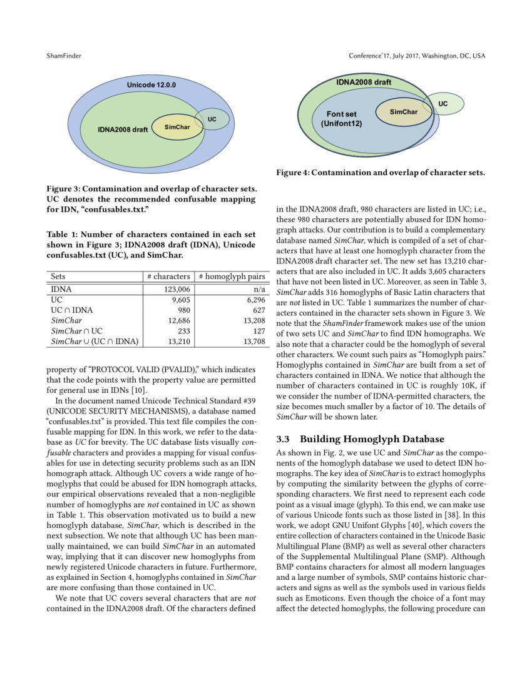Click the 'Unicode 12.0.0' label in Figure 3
click(x=152, y=84)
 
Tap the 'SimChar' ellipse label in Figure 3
click(x=177, y=127)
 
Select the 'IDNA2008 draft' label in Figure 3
click(x=123, y=130)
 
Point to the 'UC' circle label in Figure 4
click(x=442, y=103)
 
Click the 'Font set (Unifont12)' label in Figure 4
click(x=342, y=119)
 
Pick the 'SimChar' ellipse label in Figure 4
click(x=403, y=112)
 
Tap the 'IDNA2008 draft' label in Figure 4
click(x=364, y=82)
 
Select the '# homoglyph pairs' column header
click(x=232, y=276)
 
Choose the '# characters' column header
click(x=168, y=276)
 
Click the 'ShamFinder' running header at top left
click(x=63, y=56)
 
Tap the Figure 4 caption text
click(x=381, y=172)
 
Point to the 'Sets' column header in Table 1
click(x=58, y=276)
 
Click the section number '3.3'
click(x=285, y=439)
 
